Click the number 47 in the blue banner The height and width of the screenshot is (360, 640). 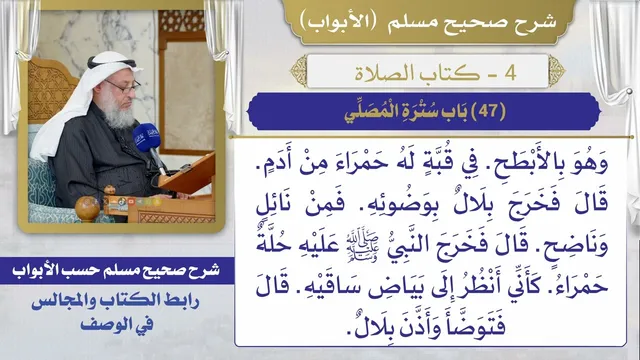tap(489, 111)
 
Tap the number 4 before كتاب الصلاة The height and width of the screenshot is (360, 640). tap(511, 73)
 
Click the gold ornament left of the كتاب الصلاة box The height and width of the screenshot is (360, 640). tap(298, 71)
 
